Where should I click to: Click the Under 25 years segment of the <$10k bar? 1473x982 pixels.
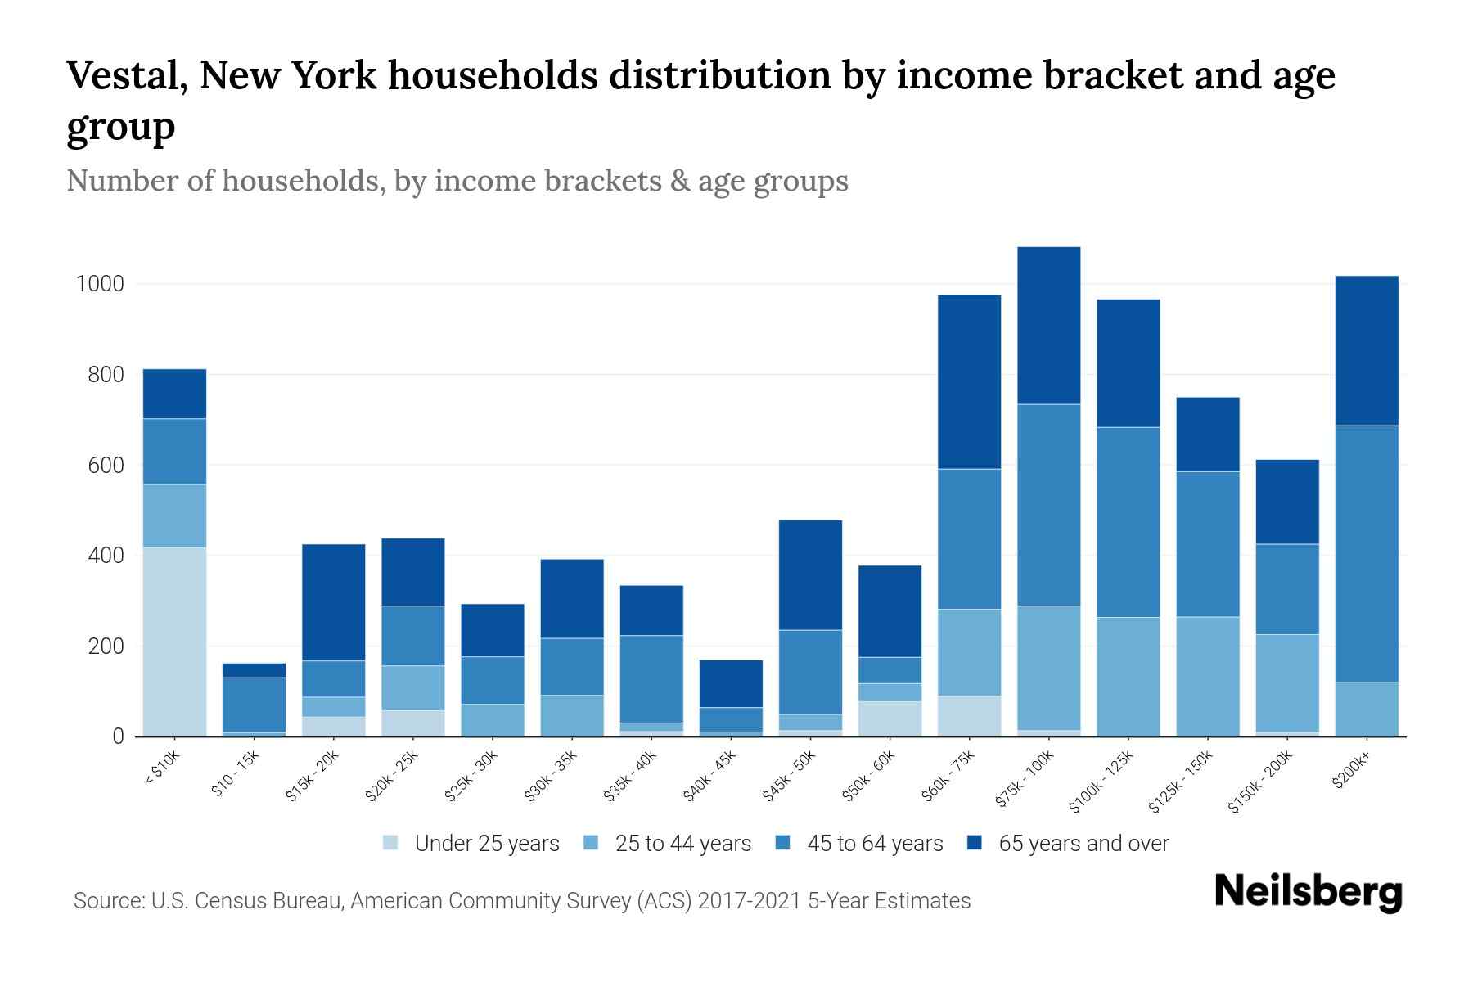click(174, 642)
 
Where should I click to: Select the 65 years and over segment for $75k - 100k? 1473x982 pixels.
click(1048, 326)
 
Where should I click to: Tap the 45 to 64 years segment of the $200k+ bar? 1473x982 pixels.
click(1366, 553)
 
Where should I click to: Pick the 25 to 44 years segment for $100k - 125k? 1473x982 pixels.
click(1128, 677)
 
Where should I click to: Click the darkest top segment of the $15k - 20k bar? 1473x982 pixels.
click(333, 602)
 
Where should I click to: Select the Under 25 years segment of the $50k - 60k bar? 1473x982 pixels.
click(890, 718)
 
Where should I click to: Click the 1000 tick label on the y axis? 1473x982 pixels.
click(100, 285)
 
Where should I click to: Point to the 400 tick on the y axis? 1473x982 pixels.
click(107, 556)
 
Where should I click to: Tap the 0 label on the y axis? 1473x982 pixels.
click(118, 737)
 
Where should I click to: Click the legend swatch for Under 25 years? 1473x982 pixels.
click(391, 843)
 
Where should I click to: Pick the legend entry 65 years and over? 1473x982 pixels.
click(1083, 844)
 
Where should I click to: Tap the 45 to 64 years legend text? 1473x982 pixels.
click(875, 844)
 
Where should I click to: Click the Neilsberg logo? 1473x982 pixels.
click(1308, 892)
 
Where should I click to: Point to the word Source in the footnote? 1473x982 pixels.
click(107, 901)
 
